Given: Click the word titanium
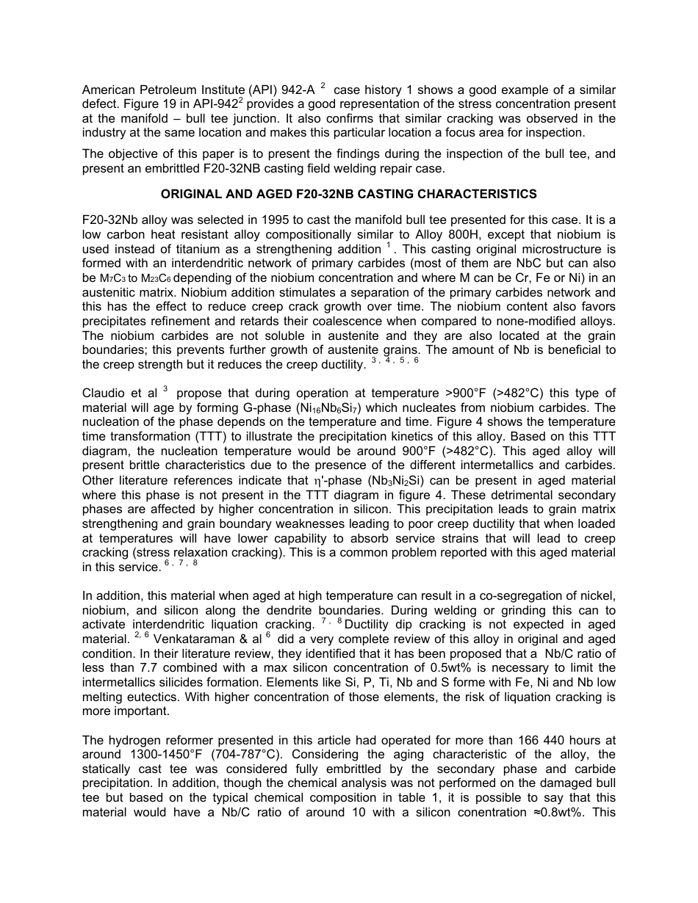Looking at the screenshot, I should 166,249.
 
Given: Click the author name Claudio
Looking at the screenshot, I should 103,394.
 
